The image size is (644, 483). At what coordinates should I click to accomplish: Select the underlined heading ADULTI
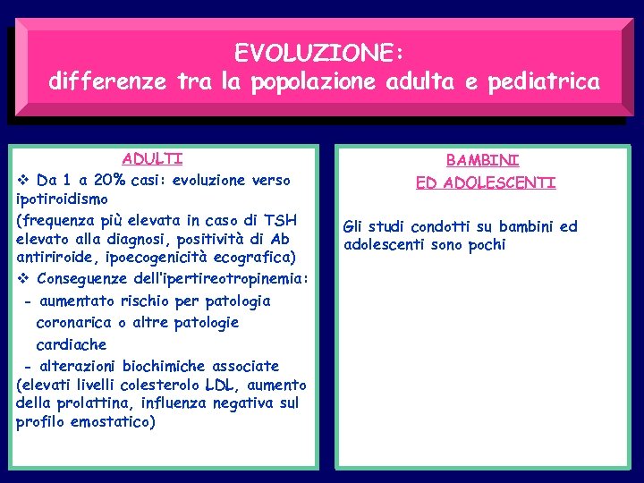[153, 159]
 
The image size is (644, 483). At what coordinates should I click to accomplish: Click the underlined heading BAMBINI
[483, 161]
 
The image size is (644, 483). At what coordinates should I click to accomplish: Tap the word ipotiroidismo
[62, 199]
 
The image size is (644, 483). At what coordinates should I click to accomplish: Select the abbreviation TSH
[281, 220]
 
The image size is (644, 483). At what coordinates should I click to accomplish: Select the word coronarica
[74, 323]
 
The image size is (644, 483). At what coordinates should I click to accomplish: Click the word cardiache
[71, 344]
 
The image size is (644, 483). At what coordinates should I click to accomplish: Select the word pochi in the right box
[485, 245]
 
